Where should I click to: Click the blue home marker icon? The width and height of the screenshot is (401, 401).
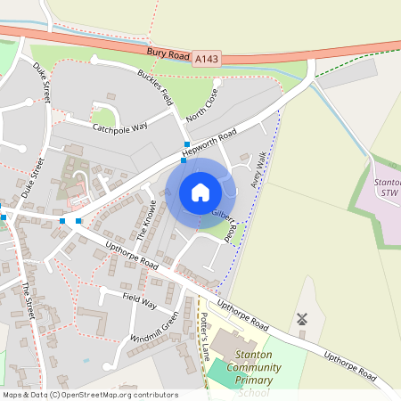coord(200,192)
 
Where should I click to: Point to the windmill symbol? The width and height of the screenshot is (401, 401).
coord(300,318)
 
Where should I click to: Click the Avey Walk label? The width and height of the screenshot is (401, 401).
coord(258,169)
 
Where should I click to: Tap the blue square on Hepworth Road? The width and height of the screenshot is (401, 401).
coord(186,144)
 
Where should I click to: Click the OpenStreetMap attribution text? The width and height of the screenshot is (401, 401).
coord(90,395)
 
